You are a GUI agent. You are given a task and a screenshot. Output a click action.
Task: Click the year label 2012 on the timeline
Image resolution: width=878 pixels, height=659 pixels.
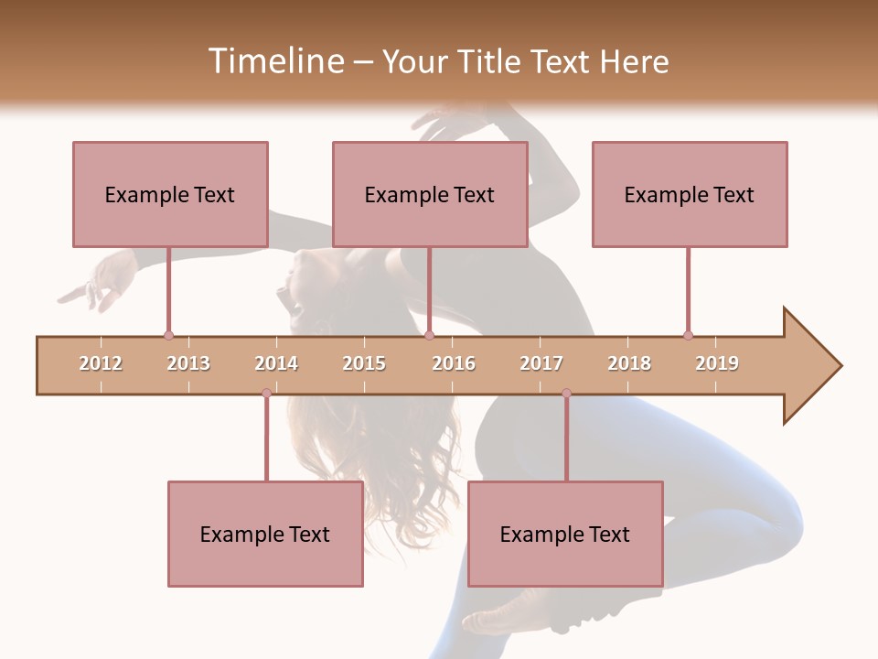click(101, 363)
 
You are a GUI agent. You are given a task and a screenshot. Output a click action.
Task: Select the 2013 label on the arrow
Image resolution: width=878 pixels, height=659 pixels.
click(188, 363)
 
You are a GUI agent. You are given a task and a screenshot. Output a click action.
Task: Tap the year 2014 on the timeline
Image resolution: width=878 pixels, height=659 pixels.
click(276, 363)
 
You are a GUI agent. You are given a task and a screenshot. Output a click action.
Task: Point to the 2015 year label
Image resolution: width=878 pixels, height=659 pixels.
click(364, 363)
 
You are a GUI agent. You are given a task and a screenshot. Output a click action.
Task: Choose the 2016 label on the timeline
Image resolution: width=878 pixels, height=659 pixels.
click(454, 363)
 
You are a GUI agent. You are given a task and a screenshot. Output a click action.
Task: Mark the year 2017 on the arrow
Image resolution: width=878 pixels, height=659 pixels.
click(541, 363)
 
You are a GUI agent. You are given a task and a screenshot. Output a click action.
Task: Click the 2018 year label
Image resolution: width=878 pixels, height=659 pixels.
click(629, 363)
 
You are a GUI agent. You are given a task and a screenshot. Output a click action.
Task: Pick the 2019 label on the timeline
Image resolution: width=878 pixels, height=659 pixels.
click(717, 363)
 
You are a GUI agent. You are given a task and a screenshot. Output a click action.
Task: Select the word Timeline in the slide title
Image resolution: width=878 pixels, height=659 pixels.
click(273, 61)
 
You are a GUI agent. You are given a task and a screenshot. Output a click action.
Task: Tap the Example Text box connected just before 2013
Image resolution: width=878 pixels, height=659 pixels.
click(170, 194)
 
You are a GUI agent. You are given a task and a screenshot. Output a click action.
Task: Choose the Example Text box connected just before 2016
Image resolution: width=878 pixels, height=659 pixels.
click(430, 194)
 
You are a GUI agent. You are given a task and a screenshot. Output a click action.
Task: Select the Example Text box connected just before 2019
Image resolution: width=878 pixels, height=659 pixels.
click(690, 194)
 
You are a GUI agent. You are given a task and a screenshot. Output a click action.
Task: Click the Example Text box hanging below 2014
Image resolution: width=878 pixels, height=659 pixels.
click(265, 534)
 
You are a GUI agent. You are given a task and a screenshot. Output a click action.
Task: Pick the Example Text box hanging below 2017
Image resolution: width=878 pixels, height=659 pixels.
click(565, 534)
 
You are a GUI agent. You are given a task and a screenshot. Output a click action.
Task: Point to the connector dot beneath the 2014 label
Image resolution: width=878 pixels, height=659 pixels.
click(266, 393)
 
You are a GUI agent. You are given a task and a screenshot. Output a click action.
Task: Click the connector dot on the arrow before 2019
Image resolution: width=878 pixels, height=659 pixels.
click(688, 335)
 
